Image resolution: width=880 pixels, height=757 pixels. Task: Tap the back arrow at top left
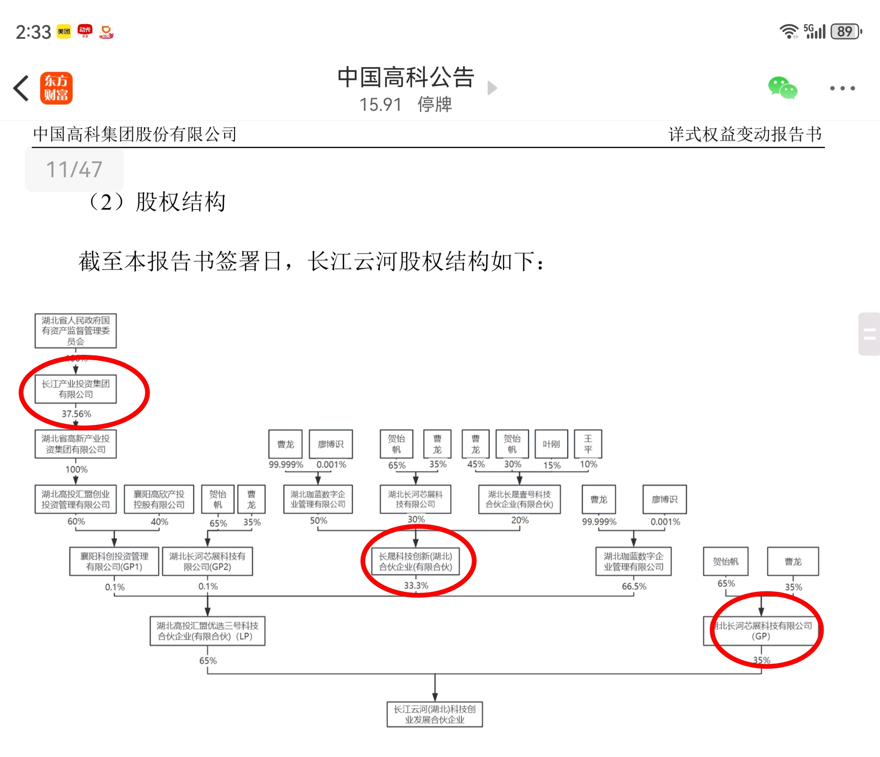21,88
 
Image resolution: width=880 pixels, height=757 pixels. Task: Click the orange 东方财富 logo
56,88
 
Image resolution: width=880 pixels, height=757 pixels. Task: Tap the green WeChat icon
782,88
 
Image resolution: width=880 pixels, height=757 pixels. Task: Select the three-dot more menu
842,88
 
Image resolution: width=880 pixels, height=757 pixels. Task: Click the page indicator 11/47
74,170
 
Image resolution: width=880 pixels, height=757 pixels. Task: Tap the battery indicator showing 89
845,32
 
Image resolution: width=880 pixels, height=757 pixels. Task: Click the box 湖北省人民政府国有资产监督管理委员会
76,331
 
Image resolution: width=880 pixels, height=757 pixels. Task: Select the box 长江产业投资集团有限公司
76,389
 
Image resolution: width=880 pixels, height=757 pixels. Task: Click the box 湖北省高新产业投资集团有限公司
76,444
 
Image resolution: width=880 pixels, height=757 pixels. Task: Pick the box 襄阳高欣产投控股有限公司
159,499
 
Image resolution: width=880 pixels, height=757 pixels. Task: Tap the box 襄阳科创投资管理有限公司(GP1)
114,561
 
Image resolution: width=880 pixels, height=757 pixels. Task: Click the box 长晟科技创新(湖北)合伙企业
415,561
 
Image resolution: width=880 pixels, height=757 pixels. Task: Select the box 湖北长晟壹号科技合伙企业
519,499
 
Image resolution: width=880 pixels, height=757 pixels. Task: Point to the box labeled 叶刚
551,444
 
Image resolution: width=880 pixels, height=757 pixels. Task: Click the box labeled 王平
588,444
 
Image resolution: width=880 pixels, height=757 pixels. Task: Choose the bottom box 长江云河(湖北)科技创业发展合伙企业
434,714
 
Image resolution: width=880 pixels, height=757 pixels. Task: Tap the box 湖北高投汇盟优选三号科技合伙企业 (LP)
207,631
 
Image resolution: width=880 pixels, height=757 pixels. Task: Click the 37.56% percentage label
76,414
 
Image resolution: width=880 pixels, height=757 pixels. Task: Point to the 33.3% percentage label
416,585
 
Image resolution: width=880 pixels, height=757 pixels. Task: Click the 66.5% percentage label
634,586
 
